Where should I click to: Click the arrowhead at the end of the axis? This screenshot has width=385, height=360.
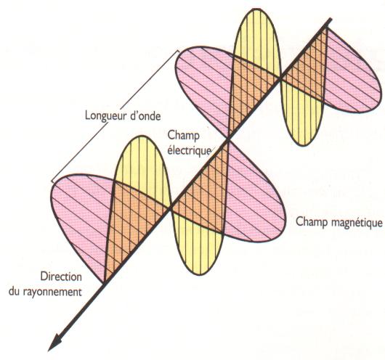click(x=54, y=342)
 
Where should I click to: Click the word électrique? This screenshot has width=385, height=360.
click(x=189, y=150)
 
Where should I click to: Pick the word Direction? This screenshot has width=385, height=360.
click(x=61, y=277)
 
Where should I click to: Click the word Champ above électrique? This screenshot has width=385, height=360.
click(x=183, y=136)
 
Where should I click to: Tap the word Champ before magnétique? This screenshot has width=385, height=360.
click(x=312, y=222)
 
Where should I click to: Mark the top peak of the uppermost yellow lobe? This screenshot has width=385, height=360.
click(x=257, y=9)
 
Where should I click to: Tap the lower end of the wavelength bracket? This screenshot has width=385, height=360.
click(x=52, y=181)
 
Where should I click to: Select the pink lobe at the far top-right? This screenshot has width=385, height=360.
click(x=353, y=73)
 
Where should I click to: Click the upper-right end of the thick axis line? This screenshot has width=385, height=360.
click(x=331, y=19)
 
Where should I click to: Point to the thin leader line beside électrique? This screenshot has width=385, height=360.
click(x=213, y=150)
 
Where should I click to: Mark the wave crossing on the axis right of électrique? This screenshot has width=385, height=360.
click(x=228, y=140)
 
